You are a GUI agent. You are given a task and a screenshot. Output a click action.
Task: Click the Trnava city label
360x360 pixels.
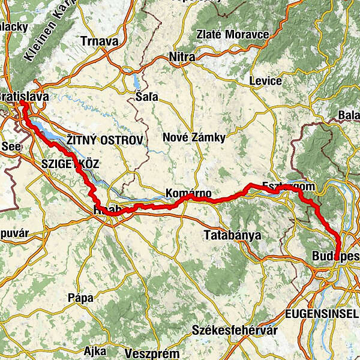(100, 41)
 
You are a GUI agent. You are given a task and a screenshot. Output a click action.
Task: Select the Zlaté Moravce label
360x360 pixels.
(232, 35)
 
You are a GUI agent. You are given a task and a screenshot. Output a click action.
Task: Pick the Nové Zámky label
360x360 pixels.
(194, 138)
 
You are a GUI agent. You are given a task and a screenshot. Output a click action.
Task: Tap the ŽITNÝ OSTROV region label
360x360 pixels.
(104, 140)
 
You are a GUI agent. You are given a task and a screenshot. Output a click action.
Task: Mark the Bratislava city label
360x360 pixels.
(24, 97)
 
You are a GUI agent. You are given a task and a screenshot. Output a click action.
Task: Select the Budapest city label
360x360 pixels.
(335, 257)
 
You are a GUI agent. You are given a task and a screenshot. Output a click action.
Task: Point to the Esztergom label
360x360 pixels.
(282, 187)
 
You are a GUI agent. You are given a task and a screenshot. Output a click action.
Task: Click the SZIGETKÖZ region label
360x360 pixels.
(70, 163)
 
